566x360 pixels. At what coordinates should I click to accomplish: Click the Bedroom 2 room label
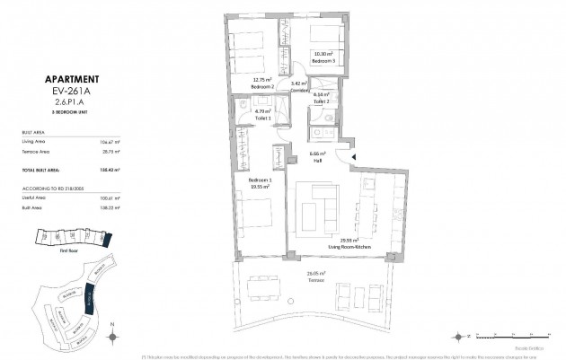tap(261, 85)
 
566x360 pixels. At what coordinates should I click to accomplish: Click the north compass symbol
tap(111, 336)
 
